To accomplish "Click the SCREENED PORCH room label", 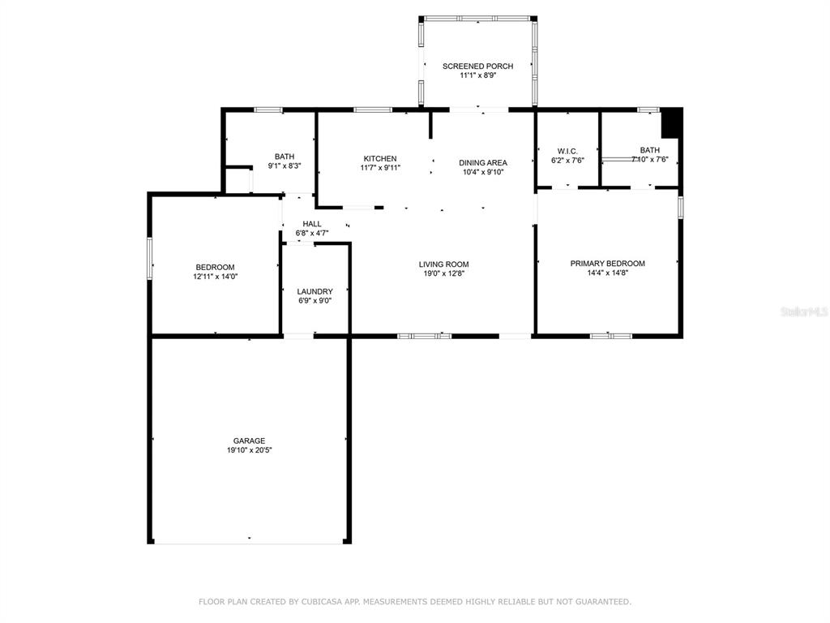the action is (477, 67).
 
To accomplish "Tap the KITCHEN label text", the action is (380, 158).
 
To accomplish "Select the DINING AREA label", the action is (483, 162).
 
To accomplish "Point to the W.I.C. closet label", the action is (567, 151).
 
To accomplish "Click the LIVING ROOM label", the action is (443, 264).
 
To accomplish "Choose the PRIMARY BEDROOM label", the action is (607, 264).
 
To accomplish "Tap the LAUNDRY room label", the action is (315, 291).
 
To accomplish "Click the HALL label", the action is (312, 224).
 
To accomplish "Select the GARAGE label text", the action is (250, 440).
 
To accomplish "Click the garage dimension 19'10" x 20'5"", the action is (250, 450).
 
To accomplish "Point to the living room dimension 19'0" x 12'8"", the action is (443, 273).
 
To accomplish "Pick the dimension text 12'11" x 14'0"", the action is (215, 277).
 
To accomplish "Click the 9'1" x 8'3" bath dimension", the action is (285, 165).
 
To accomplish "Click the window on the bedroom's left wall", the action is (150, 259).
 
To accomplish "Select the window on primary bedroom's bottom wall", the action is (611, 336).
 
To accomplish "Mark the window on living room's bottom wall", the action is (425, 336).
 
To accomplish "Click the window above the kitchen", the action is (373, 110).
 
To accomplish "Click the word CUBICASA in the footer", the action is (321, 602).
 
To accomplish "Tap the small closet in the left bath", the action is (237, 181).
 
